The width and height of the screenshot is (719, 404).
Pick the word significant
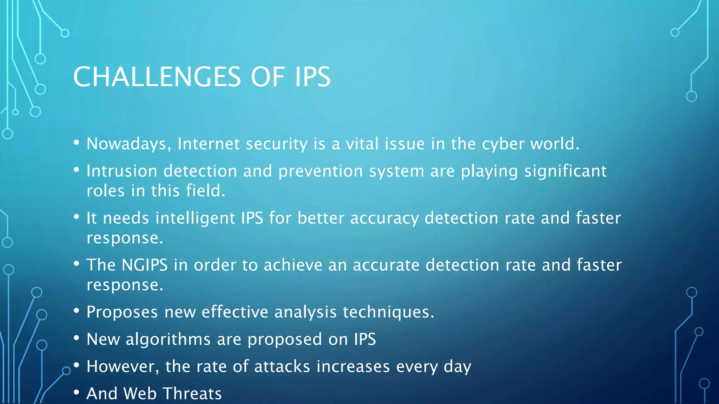tap(565, 171)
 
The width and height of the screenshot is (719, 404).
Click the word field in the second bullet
tap(205, 191)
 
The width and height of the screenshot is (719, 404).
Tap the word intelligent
tap(195, 218)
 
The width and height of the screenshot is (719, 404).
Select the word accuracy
tap(384, 218)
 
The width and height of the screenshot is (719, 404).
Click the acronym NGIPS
tap(145, 265)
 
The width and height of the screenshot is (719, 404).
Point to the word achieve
tap(293, 265)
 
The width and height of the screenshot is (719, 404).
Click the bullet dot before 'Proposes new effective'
tap(77, 310)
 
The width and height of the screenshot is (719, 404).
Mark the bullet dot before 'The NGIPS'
tap(77, 263)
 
